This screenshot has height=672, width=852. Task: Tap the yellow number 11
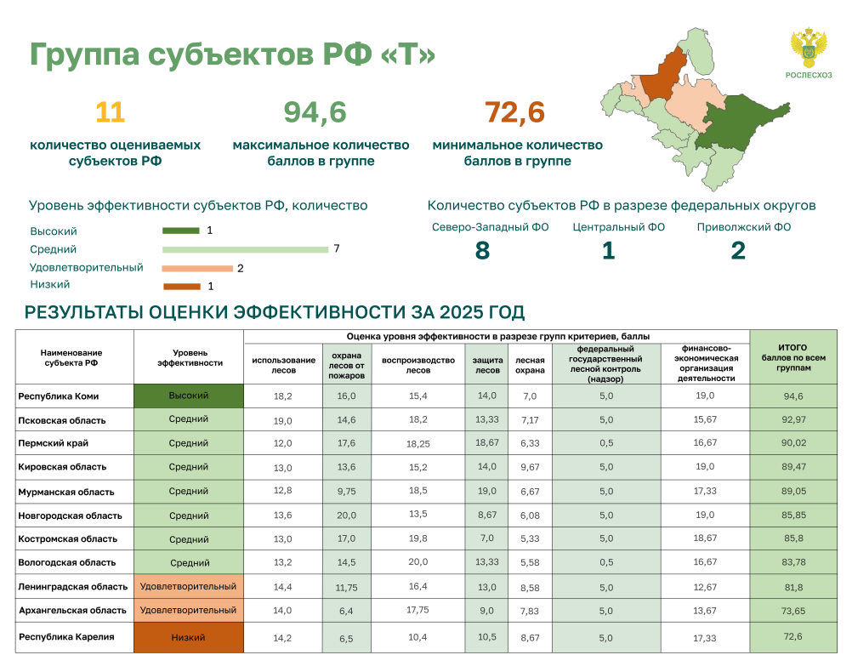111,112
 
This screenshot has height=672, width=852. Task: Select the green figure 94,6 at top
315,112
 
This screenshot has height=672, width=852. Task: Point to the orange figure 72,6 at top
514,112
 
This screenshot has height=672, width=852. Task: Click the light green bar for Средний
245,249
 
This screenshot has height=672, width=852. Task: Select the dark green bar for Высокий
181,231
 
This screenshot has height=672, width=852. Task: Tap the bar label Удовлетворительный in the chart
87,267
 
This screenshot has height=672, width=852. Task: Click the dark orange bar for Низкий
182,287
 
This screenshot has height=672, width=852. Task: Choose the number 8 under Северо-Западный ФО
482,251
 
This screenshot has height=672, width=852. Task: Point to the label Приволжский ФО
744,227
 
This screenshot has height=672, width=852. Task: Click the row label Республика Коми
59,396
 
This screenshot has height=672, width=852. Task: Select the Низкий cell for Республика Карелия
189,637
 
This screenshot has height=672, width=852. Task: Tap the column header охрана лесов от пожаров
347,366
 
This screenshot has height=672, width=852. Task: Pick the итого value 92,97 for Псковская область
793,419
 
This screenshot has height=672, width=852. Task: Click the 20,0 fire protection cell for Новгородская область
347,515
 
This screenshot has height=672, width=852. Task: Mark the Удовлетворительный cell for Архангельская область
189,610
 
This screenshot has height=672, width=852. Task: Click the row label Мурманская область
66,492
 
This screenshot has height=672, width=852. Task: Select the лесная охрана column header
530,366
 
